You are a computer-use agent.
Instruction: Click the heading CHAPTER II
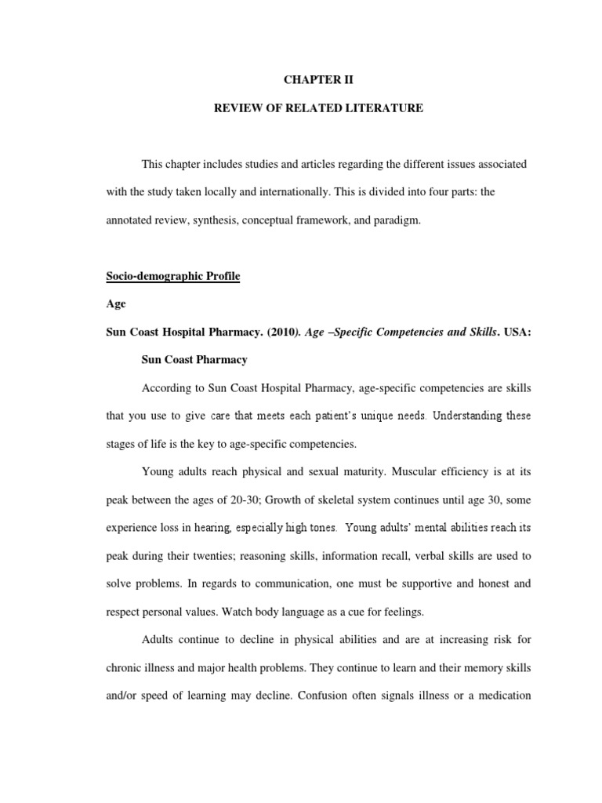pyautogui.click(x=319, y=79)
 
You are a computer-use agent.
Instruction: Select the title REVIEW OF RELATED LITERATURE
pyautogui.click(x=319, y=108)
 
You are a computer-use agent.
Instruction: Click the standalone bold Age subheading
pyautogui.click(x=115, y=303)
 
